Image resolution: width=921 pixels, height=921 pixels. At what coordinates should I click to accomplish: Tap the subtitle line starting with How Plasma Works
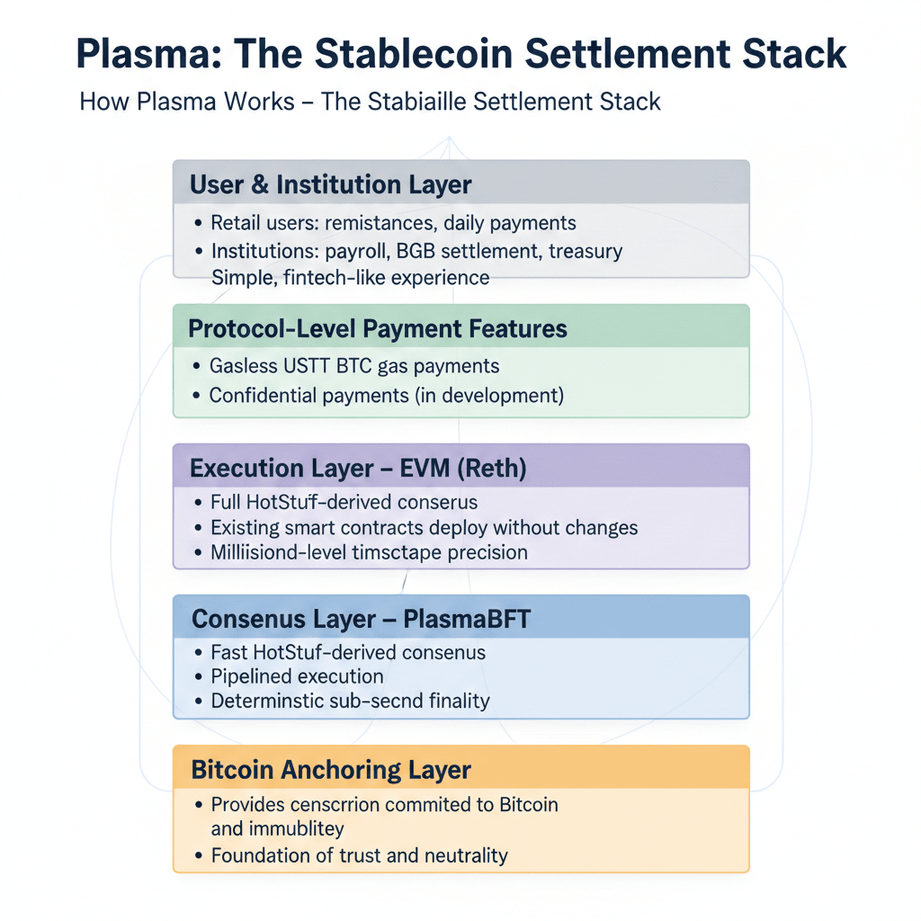[x=370, y=101]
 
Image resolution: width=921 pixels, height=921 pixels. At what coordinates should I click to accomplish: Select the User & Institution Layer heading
[x=330, y=185]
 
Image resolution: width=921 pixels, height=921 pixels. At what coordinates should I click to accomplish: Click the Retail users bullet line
[x=393, y=222]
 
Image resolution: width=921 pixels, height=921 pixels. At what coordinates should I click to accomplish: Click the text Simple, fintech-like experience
[x=350, y=277]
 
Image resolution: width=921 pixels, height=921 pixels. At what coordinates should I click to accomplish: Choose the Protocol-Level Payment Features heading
[x=378, y=329]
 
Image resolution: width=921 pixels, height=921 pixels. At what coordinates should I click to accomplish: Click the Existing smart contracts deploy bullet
[x=424, y=527]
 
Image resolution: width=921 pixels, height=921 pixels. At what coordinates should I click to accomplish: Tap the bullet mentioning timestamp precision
[x=369, y=552]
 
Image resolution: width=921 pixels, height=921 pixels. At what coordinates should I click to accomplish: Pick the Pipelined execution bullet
[x=297, y=676]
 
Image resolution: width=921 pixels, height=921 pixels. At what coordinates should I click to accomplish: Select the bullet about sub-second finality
[x=350, y=701]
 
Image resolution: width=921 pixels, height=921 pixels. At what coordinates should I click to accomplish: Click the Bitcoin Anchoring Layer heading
[x=331, y=770]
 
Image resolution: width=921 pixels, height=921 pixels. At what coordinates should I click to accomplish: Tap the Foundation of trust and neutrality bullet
[x=359, y=855]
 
